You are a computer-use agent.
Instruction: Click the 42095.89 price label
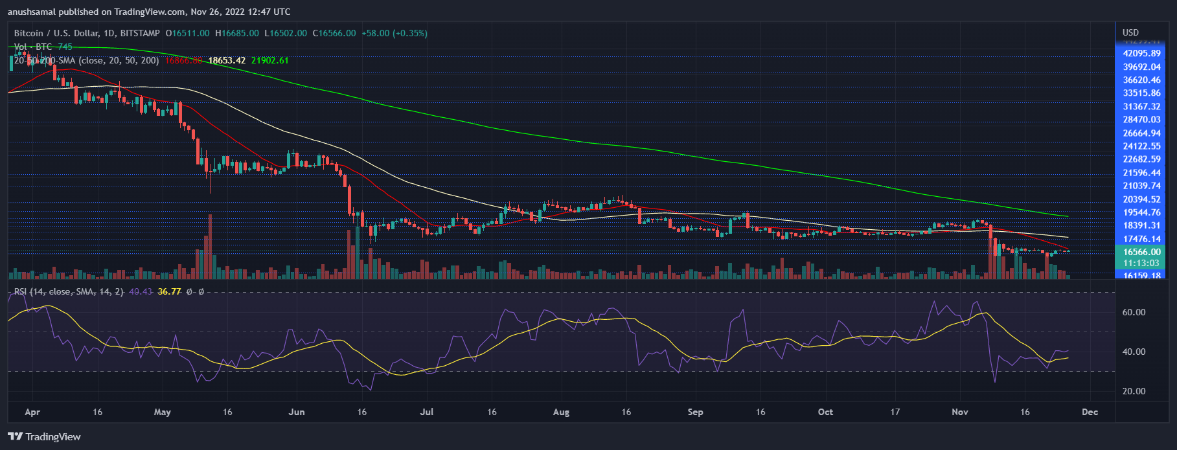[x=1141, y=54]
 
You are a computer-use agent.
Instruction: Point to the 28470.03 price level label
[x=1141, y=120]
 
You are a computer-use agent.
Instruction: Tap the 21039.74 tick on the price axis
[x=1141, y=186]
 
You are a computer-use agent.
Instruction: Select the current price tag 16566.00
[x=1141, y=252]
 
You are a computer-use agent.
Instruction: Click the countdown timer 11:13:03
[x=1141, y=263]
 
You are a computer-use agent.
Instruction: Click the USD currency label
[x=1130, y=32]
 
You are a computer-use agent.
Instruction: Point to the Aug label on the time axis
[x=561, y=412]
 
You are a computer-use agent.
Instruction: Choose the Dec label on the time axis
[x=1090, y=412]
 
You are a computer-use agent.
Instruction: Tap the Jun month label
[x=297, y=412]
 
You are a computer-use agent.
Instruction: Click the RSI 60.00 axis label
[x=1134, y=312]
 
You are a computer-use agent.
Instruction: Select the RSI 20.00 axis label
[x=1134, y=391]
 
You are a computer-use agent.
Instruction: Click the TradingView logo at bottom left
[x=44, y=436]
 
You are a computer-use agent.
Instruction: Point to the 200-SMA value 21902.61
[x=269, y=60]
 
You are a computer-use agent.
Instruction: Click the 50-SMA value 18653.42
[x=227, y=60]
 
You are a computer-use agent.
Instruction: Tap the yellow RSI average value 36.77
[x=169, y=291]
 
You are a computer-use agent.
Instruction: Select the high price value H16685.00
[x=237, y=33]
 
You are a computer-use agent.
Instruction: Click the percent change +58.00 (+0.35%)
[x=394, y=33]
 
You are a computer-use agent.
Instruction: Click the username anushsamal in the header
[x=32, y=12]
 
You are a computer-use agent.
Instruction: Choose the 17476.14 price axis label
[x=1141, y=239]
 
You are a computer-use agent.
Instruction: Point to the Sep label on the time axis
[x=695, y=412]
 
